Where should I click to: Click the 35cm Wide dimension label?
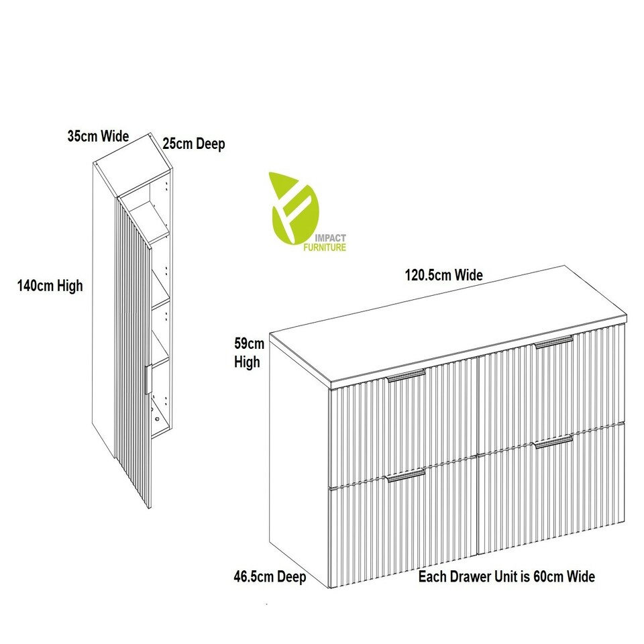98,136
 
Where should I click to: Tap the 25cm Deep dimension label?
194,144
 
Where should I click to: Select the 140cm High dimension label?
50,286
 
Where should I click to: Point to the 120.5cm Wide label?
444,275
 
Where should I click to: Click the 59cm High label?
249,353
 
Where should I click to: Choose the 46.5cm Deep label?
270,577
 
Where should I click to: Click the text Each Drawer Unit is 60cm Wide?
506,577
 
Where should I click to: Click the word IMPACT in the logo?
330,238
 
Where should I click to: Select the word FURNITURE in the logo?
325,248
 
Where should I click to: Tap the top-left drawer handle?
407,376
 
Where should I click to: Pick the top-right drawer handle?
553,343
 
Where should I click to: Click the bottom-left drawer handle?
405,475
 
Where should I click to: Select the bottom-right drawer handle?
553,441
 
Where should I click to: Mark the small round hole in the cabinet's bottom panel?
157,419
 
